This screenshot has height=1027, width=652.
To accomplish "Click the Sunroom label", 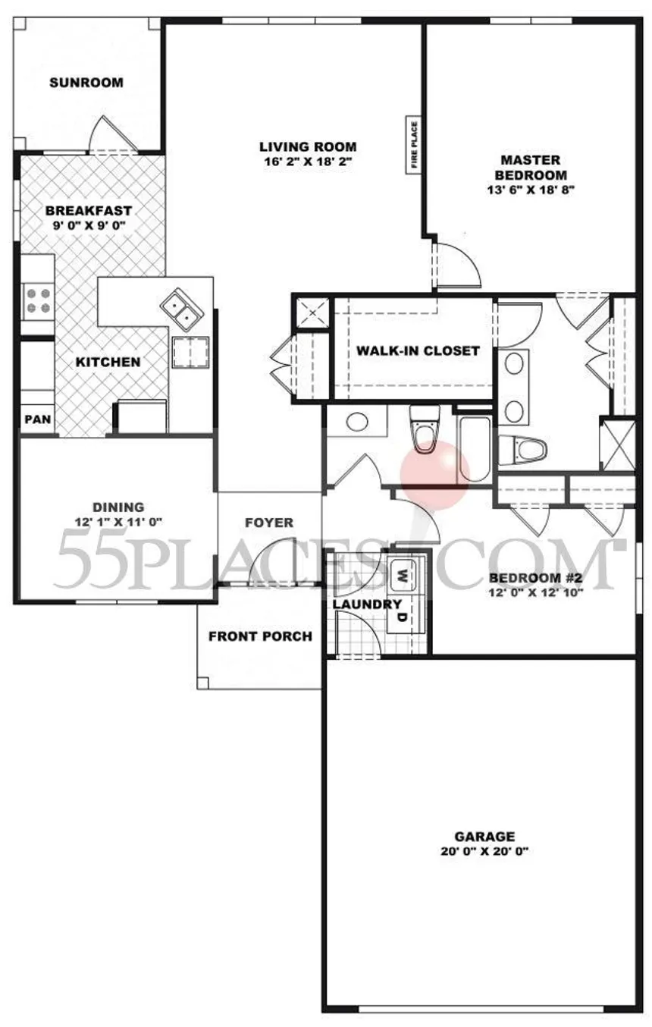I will point(86,83).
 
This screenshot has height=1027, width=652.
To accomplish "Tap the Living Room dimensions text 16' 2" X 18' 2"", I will point(307,162).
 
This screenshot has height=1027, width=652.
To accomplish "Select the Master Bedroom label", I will point(530,167).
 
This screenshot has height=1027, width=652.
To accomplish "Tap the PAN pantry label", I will point(36,419).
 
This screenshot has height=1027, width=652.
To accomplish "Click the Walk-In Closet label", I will point(418,350).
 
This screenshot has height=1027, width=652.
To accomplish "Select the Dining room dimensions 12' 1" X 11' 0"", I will point(118,521).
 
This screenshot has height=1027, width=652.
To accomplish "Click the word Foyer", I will point(269,523).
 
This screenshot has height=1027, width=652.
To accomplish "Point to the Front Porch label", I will point(260,636).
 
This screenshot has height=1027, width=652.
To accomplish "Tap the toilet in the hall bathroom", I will point(424,432).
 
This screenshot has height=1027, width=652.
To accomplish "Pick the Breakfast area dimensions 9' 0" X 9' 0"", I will point(89,225).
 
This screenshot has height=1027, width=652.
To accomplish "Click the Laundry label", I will point(367,605).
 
